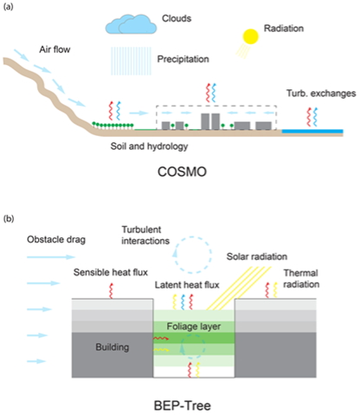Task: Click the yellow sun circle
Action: pyautogui.click(x=250, y=36)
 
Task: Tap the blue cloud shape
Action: pyautogui.click(x=131, y=24)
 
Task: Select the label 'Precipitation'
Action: pyautogui.click(x=183, y=59)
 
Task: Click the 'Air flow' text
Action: pyautogui.click(x=55, y=49)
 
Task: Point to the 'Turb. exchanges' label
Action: pyautogui.click(x=321, y=94)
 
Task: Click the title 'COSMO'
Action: pyautogui.click(x=182, y=172)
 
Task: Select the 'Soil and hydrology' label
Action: pyautogui.click(x=149, y=146)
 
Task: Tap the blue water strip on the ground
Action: pyautogui.click(x=312, y=132)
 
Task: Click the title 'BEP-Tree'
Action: pyautogui.click(x=183, y=405)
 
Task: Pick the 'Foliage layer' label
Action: pyautogui.click(x=194, y=327)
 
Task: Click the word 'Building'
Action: pyautogui.click(x=112, y=347)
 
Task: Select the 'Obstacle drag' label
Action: pyautogui.click(x=56, y=240)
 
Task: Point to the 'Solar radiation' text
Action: pyautogui.click(x=257, y=256)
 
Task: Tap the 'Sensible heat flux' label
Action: pyautogui.click(x=111, y=272)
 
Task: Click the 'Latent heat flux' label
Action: pyautogui.click(x=187, y=285)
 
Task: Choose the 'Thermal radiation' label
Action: pyautogui.click(x=301, y=279)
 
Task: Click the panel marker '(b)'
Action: pyautogui.click(x=9, y=218)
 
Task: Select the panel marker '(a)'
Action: pyautogui.click(x=9, y=7)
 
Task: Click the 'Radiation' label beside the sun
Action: pyautogui.click(x=284, y=29)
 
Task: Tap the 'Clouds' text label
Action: pyautogui.click(x=177, y=18)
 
